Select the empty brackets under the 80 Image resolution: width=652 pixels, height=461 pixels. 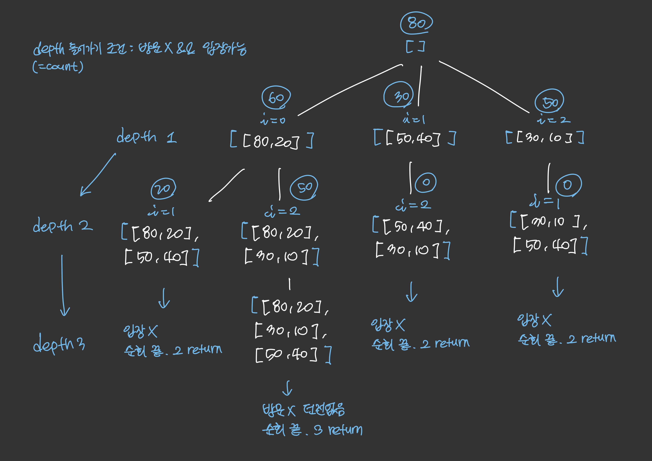click(x=415, y=47)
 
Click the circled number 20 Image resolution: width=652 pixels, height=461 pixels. click(x=163, y=189)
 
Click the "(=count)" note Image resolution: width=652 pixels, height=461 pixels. click(x=58, y=67)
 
